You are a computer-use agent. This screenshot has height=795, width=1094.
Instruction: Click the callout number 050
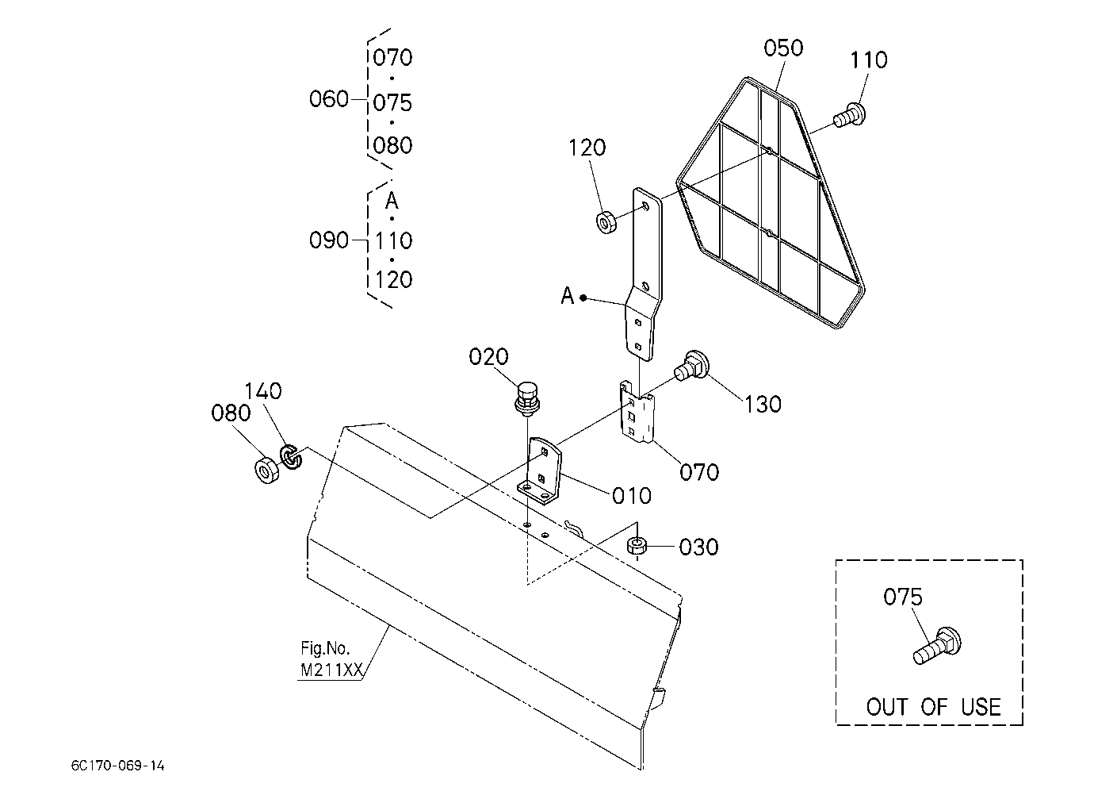[x=783, y=48]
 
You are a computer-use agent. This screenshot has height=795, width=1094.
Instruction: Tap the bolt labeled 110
[x=849, y=115]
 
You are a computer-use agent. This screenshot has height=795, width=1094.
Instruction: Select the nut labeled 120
[x=606, y=222]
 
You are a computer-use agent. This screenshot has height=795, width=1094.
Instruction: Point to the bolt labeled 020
[x=527, y=399]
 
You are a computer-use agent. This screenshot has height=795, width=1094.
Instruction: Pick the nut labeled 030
[x=637, y=545]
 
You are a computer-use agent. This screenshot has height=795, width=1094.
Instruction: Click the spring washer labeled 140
[x=291, y=456]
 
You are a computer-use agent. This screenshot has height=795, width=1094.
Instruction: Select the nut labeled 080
[x=266, y=470]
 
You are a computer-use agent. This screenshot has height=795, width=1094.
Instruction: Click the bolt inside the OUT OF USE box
[x=937, y=645]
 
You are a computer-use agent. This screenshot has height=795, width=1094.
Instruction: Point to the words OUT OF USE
[x=933, y=707]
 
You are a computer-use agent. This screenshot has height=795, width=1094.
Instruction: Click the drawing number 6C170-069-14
[x=117, y=766]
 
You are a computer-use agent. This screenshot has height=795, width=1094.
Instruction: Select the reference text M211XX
[x=331, y=670]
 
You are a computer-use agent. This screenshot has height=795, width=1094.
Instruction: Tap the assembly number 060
[x=329, y=99]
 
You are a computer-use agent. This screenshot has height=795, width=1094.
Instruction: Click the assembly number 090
[x=329, y=240]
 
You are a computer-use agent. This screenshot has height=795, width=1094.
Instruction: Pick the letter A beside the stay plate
[x=567, y=295]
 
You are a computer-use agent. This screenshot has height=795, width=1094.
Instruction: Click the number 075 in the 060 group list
[x=392, y=103]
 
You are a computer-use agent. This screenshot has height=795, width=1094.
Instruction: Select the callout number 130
[x=763, y=405]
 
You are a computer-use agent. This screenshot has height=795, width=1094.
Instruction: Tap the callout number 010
[x=632, y=496]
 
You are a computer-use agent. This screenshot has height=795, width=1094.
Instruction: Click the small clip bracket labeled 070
[x=637, y=412]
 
